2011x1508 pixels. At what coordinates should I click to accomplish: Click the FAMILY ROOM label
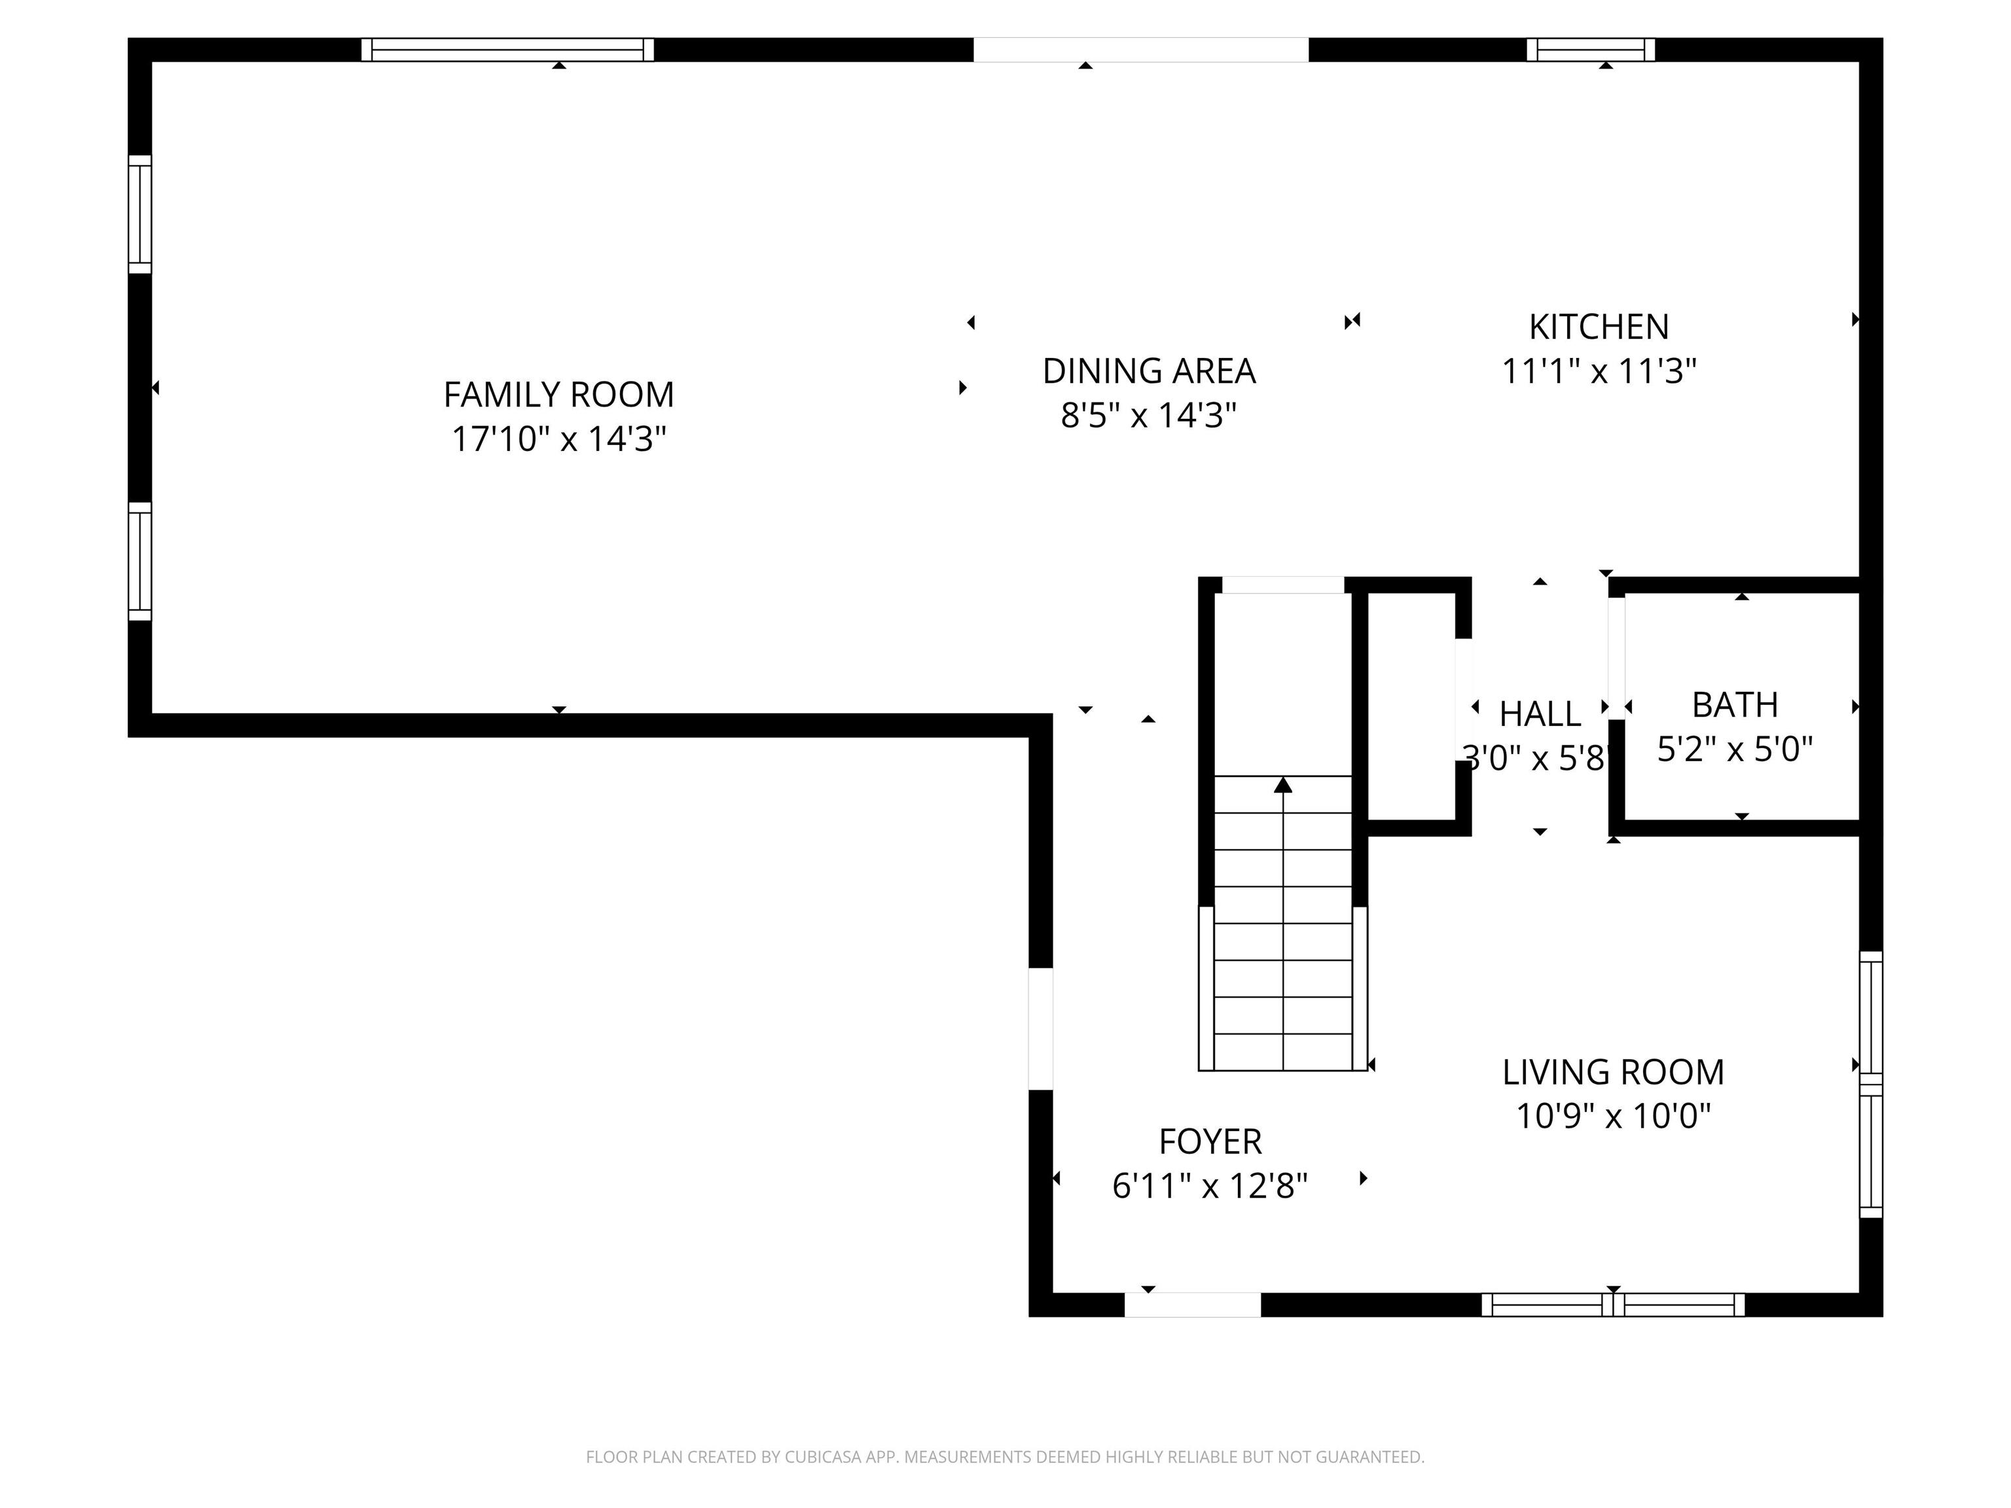558,395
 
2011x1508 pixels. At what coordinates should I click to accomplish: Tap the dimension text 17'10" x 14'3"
558,439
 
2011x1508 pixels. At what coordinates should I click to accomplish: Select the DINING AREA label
1148,371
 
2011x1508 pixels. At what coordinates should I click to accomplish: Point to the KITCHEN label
1598,327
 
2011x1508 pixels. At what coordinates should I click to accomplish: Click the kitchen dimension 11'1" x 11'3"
1598,371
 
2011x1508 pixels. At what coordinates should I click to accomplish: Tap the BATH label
1733,704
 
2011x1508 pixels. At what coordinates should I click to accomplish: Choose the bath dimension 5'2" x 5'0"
1733,749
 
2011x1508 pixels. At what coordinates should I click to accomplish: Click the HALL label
1539,713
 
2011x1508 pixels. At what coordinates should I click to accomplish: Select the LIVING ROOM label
1612,1071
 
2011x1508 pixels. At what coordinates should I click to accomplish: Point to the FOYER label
1209,1141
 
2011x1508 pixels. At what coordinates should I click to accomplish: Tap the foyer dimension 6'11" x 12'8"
1209,1185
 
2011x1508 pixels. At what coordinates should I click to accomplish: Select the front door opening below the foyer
1192,1304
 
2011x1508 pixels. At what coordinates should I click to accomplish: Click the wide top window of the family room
507,50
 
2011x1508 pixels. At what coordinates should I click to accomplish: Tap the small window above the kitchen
1590,50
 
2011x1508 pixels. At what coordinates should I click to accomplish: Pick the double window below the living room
1612,1304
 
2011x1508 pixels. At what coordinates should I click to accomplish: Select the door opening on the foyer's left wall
1040,1028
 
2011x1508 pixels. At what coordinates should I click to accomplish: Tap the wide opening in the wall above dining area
1140,50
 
